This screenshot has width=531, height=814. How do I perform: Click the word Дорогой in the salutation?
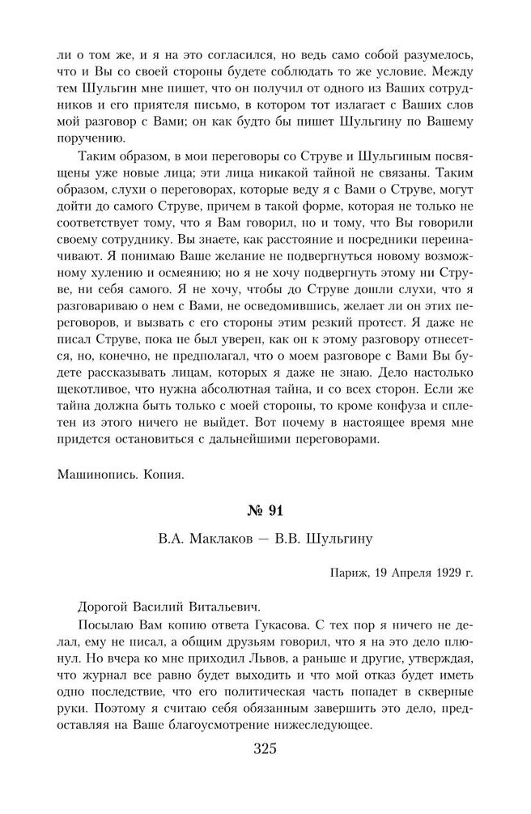click(104, 605)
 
